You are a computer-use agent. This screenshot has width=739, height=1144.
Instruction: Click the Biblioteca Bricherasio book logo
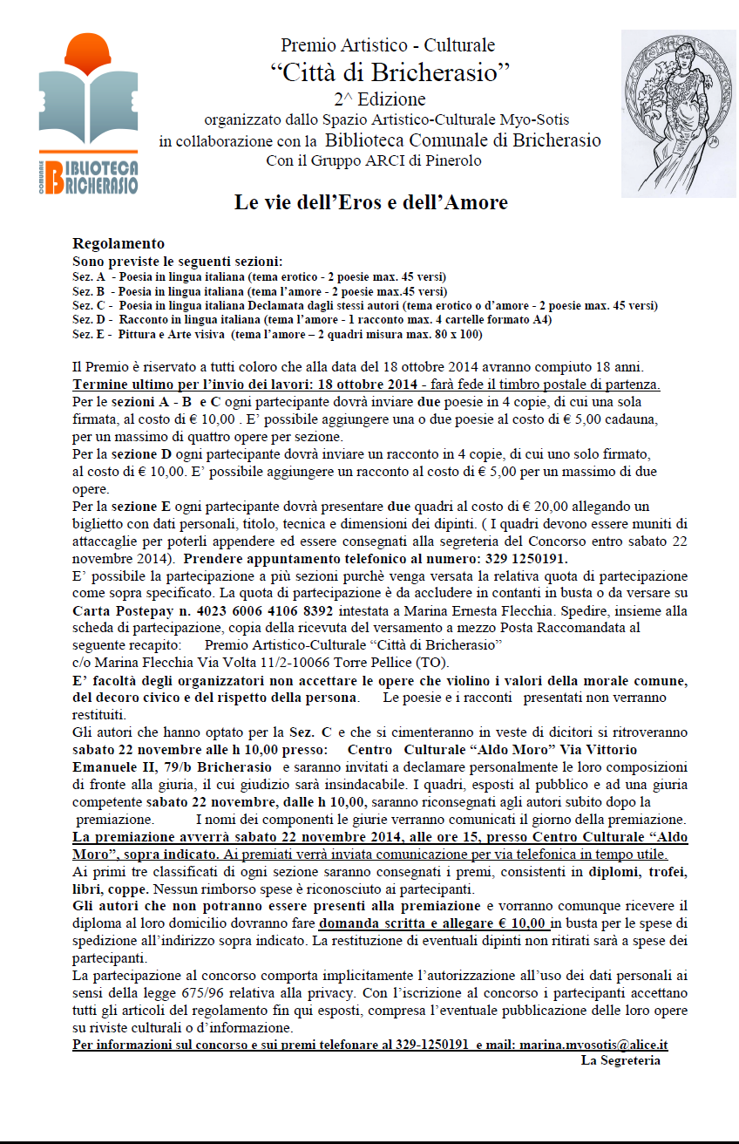(x=88, y=113)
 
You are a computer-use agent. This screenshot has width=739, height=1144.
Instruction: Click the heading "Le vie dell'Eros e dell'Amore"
(x=370, y=203)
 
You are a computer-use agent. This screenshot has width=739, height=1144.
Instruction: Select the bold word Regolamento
(x=119, y=244)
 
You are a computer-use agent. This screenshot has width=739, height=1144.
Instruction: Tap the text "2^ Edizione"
(x=379, y=99)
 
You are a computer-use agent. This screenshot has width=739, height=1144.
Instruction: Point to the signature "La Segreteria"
(x=620, y=1060)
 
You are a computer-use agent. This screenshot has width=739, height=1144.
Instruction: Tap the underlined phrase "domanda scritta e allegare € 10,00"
(x=432, y=923)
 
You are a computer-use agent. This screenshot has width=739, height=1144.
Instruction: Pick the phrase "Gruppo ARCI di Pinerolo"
(x=399, y=160)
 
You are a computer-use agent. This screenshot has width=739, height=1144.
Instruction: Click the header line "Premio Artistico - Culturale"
(x=388, y=44)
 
